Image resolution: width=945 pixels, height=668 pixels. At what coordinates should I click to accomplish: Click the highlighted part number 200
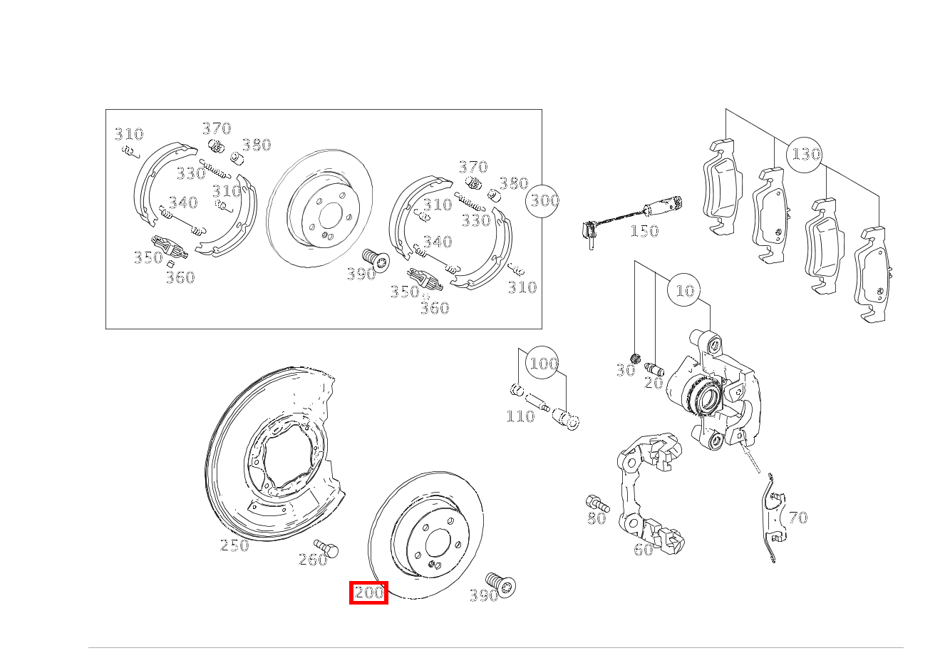[368, 592]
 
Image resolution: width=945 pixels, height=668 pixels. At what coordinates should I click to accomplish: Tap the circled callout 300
[543, 200]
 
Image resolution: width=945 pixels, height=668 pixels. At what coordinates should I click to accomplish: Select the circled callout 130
[805, 154]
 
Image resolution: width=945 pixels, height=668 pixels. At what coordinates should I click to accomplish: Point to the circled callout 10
[684, 290]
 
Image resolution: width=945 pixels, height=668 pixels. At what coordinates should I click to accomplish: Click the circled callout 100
[543, 364]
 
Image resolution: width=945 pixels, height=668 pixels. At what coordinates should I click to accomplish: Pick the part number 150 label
[644, 231]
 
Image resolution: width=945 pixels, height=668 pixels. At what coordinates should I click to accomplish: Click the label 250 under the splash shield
[234, 545]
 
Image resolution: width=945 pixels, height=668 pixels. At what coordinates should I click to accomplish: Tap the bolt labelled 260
[329, 548]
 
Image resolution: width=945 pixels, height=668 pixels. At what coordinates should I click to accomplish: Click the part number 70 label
[798, 518]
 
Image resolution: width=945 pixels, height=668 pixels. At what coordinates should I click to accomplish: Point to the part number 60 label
[644, 550]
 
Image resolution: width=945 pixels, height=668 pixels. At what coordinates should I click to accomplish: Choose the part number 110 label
[520, 416]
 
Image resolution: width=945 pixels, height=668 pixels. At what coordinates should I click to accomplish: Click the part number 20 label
[654, 383]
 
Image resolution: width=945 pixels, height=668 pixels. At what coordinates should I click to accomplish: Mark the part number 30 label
[625, 371]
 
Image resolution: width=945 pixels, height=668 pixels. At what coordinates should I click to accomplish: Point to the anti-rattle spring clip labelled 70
[771, 520]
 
